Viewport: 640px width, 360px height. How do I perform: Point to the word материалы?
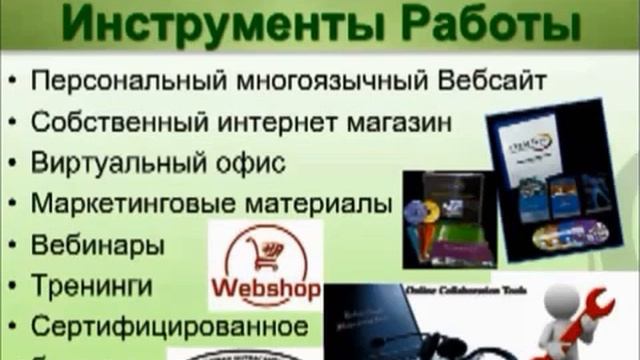coord(311,204)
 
